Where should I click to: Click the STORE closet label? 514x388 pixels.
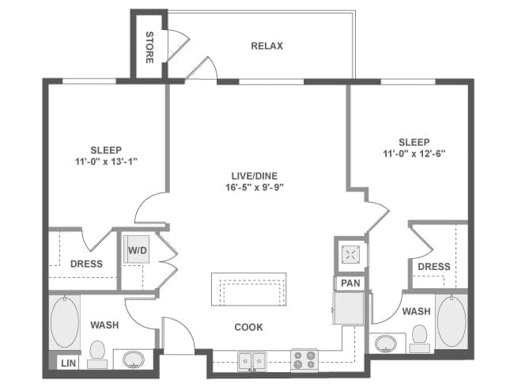pos(149,48)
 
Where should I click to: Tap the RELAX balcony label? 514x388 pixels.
pos(266,46)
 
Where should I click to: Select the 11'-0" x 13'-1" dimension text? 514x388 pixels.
pos(106,162)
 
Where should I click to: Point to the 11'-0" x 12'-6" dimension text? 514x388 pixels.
pos(414,154)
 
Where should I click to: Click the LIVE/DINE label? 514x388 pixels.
pos(255,176)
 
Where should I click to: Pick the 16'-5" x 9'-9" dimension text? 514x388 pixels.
pos(255,188)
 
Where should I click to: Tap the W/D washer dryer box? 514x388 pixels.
pos(137,249)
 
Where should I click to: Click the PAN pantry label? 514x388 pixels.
pos(350,283)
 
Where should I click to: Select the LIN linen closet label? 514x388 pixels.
pos(69,363)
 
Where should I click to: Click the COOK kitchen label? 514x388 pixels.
pos(249,327)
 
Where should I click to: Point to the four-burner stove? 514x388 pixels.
pos(304,359)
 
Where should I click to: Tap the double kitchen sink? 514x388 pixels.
pos(252,361)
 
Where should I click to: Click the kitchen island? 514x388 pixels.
pos(249,289)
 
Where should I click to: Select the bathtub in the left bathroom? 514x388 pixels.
pos(65,321)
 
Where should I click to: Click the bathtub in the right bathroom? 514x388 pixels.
pos(452,321)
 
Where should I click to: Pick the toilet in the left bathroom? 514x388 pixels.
pos(97,354)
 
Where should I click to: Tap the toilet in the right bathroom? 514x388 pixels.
pos(419,339)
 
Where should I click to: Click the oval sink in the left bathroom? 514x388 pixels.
pos(134,359)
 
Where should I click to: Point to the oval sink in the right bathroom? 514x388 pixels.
pos(386,344)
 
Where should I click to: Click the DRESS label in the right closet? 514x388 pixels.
pos(434,266)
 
